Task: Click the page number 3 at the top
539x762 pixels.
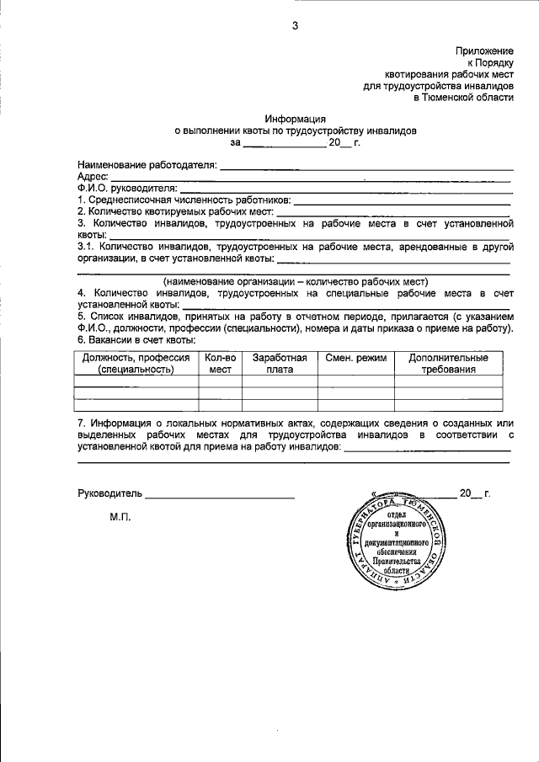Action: [295, 25]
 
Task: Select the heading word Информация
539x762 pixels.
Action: [295, 119]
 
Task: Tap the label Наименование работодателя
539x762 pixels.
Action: [147, 165]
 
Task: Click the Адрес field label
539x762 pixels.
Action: [92, 177]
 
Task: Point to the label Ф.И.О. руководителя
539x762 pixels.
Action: [127, 189]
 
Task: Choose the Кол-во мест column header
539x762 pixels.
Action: [220, 364]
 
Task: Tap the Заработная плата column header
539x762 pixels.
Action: [280, 364]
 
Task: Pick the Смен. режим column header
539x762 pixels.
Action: [355, 359]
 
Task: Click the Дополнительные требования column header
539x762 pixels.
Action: [449, 364]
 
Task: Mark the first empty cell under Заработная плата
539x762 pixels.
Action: [280, 381]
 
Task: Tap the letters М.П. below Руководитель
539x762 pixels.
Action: [120, 517]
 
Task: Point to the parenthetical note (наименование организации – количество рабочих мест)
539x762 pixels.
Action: [296, 281]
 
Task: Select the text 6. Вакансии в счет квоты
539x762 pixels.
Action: [136, 340]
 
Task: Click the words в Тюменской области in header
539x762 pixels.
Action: [462, 98]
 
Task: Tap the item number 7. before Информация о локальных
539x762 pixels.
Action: [82, 422]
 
